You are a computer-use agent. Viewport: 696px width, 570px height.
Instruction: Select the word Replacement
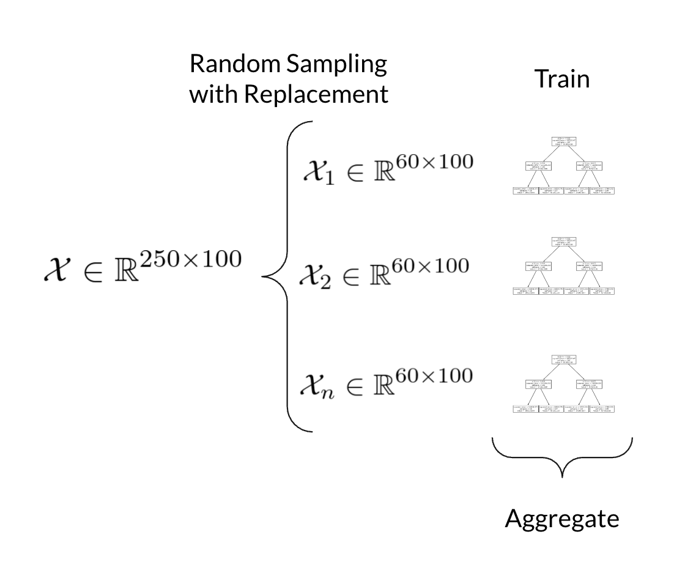pyautogui.click(x=316, y=94)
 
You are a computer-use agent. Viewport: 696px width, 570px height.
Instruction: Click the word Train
pyautogui.click(x=562, y=78)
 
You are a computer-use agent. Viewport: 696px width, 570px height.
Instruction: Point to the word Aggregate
pyautogui.click(x=562, y=519)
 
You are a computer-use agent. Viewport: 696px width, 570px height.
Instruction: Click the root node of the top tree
pyautogui.click(x=563, y=142)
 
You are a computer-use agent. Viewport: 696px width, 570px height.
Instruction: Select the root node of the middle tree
pyautogui.click(x=563, y=242)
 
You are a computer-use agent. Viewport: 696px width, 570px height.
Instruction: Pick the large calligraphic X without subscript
pyautogui.click(x=56, y=270)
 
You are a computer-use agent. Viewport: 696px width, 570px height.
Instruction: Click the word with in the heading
pyautogui.click(x=215, y=94)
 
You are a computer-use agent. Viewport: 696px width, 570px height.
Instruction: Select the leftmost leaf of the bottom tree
pyautogui.click(x=525, y=409)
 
